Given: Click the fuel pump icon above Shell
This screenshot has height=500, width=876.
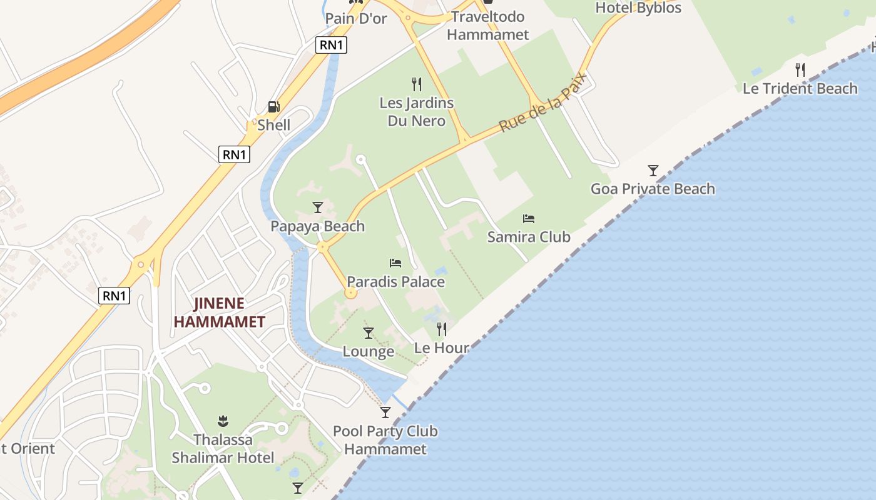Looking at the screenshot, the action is tap(273, 107).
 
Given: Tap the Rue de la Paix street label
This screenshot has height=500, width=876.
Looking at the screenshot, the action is tap(543, 102).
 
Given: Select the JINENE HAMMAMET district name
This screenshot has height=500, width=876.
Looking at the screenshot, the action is tap(220, 312).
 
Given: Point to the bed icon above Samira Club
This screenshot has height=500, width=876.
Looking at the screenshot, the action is tap(529, 219).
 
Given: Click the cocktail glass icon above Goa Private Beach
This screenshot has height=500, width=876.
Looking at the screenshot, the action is tap(653, 170).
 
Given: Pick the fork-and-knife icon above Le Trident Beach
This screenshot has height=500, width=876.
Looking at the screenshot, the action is tap(800, 69).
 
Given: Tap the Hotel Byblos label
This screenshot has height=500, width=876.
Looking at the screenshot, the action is tap(638, 8).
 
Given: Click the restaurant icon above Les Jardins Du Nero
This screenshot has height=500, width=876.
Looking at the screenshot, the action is tap(417, 84).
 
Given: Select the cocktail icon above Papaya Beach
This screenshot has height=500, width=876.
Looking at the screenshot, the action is tap(318, 207).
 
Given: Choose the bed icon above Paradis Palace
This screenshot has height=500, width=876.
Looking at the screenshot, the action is tap(395, 263).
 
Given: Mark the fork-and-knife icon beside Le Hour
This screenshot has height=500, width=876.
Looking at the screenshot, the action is tap(442, 329).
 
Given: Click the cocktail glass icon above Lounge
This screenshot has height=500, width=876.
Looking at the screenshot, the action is tap(369, 332).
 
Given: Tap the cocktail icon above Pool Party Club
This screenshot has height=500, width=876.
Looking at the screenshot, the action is tap(385, 412).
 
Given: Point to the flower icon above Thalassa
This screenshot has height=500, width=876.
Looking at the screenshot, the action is tap(223, 421).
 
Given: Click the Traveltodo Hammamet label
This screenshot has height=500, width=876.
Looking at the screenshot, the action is tap(488, 26).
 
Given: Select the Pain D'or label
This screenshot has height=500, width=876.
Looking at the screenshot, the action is tap(356, 19).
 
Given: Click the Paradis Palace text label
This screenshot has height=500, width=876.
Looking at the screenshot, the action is tap(396, 282).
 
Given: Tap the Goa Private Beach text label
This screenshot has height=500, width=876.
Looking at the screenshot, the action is tap(653, 189).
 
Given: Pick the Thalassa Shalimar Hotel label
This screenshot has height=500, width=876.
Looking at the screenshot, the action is tap(223, 449).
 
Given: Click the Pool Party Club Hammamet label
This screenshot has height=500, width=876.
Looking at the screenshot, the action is tap(385, 440).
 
